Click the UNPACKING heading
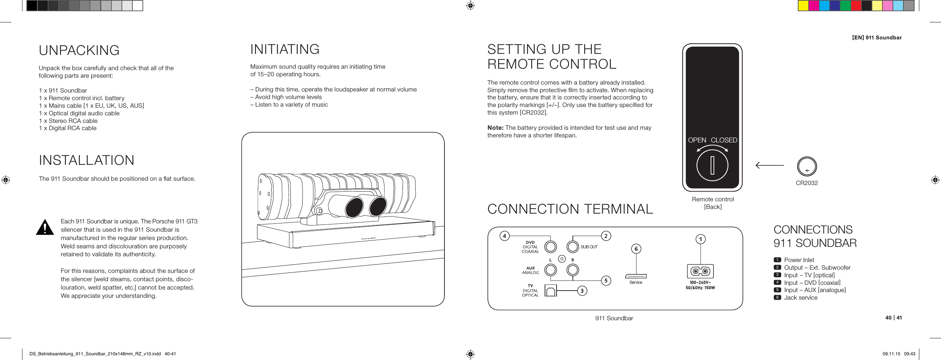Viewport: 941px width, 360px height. [x=79, y=50]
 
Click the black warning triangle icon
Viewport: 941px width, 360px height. [x=45, y=227]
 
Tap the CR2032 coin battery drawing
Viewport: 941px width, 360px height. [x=806, y=167]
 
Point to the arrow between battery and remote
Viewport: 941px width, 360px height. [x=769, y=166]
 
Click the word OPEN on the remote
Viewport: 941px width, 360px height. [x=697, y=140]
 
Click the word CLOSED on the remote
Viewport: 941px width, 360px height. [x=724, y=140]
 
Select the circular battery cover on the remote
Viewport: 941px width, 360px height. [x=712, y=166]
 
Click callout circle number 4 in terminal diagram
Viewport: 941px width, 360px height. [x=504, y=236]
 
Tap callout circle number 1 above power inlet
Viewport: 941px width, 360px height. [x=700, y=239]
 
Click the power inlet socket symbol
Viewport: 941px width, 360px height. [x=700, y=271]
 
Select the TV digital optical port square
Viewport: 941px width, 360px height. [x=550, y=291]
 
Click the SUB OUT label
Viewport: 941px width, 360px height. [x=589, y=247]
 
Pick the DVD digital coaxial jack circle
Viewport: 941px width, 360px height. [x=550, y=247]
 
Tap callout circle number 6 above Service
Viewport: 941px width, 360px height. [x=636, y=249]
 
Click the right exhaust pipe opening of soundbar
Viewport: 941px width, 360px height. [x=378, y=207]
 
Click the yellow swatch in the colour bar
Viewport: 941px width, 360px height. [x=802, y=6]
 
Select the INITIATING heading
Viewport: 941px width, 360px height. [x=285, y=49]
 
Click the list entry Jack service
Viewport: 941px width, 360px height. [x=800, y=297]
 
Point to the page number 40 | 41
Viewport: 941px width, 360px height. [x=893, y=318]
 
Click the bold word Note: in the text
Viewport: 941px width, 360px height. [x=495, y=128]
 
